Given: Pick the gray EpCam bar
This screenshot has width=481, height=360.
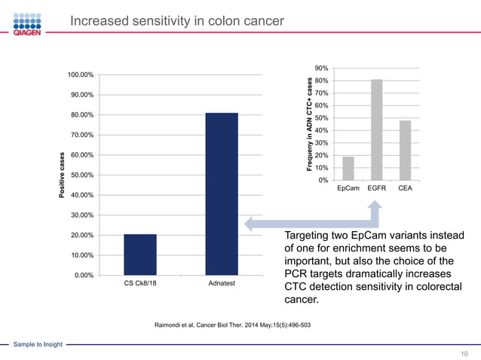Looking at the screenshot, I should [348, 168].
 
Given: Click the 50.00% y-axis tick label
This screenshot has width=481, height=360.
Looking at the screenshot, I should [81, 175].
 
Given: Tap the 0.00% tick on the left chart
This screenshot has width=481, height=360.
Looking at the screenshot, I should [83, 276].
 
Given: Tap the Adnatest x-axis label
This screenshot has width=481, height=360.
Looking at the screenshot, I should [221, 284].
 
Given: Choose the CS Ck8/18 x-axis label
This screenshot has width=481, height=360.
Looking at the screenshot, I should [139, 284].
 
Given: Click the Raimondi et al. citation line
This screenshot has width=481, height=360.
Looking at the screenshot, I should [232, 325].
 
